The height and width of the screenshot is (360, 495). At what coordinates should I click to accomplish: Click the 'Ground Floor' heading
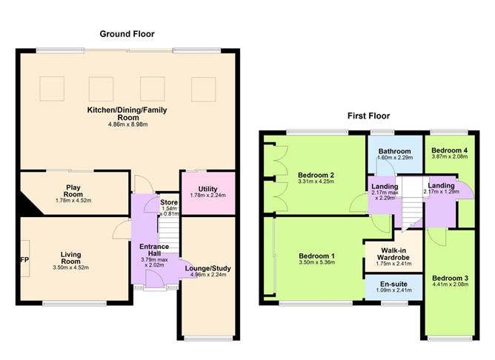click(x=130, y=33)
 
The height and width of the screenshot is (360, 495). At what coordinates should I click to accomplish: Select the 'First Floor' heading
click(x=368, y=116)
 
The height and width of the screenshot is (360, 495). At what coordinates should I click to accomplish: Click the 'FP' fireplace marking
click(x=24, y=261)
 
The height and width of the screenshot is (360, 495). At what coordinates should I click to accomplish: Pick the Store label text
click(x=169, y=201)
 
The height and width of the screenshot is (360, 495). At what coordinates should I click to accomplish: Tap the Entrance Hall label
click(x=155, y=250)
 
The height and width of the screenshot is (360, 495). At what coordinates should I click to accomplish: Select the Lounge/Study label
click(x=207, y=267)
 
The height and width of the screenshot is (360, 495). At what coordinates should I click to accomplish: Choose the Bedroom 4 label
click(x=451, y=149)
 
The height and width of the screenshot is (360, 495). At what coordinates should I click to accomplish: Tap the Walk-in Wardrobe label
click(x=392, y=254)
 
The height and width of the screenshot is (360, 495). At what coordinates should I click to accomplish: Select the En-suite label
click(x=392, y=283)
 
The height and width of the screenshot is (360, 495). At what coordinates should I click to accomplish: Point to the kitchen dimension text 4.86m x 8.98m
click(x=128, y=124)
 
